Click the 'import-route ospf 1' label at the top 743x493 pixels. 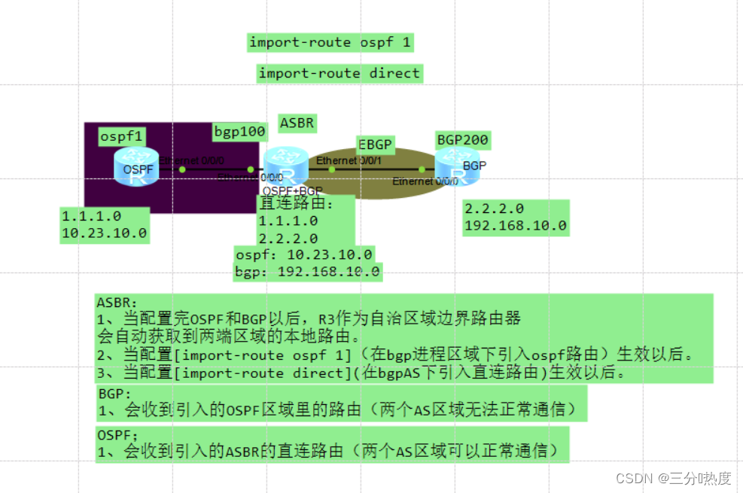pos(330,42)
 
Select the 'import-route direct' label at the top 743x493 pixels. pos(339,73)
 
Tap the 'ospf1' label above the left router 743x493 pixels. pos(122,136)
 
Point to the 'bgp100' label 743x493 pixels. pos(239,132)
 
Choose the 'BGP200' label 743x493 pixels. pos(462,139)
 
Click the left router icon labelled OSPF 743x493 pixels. pos(137,167)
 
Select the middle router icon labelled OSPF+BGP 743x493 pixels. pos(286,167)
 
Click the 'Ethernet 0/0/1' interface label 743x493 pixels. pos(349,160)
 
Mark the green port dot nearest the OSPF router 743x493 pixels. pos(182,169)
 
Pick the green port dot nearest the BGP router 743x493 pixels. pos(422,169)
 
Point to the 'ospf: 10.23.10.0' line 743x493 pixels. pos(304,254)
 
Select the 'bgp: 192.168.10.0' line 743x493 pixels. pos(308,271)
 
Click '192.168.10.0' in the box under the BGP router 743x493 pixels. pos(516,225)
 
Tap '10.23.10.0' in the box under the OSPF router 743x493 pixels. pos(104,233)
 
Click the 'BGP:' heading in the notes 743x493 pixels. pos(115,394)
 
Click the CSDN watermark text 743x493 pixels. pos(673,478)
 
